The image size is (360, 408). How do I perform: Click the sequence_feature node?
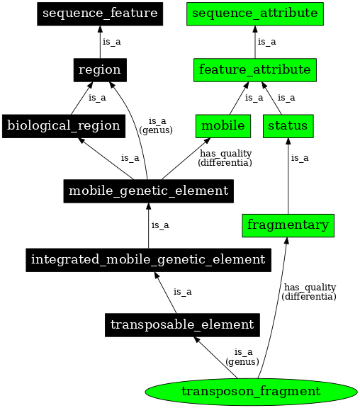point(100,13)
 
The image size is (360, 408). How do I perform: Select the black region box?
point(100,69)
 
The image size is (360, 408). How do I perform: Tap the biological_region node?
point(63,125)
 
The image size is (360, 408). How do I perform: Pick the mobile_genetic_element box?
point(148,191)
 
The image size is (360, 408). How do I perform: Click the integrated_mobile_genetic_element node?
point(148,259)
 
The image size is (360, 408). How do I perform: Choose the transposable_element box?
point(182,324)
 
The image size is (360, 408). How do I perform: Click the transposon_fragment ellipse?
point(251,391)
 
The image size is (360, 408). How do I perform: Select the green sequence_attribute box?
point(255,13)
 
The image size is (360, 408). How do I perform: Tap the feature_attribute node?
point(255,69)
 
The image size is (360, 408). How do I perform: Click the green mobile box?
point(223,125)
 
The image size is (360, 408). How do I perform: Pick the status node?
point(288,125)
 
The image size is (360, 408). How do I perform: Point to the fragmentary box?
point(288,225)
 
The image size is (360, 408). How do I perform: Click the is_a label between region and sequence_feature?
point(112,42)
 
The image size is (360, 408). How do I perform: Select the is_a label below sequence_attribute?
point(267,42)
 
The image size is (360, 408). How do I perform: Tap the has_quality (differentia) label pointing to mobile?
point(225,158)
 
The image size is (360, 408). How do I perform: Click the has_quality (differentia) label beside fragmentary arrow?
point(309,292)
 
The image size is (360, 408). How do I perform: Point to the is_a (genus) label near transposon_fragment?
point(242,356)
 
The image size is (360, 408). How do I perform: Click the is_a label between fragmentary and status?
point(300,158)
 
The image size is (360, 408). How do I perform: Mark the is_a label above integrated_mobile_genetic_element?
point(160,225)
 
